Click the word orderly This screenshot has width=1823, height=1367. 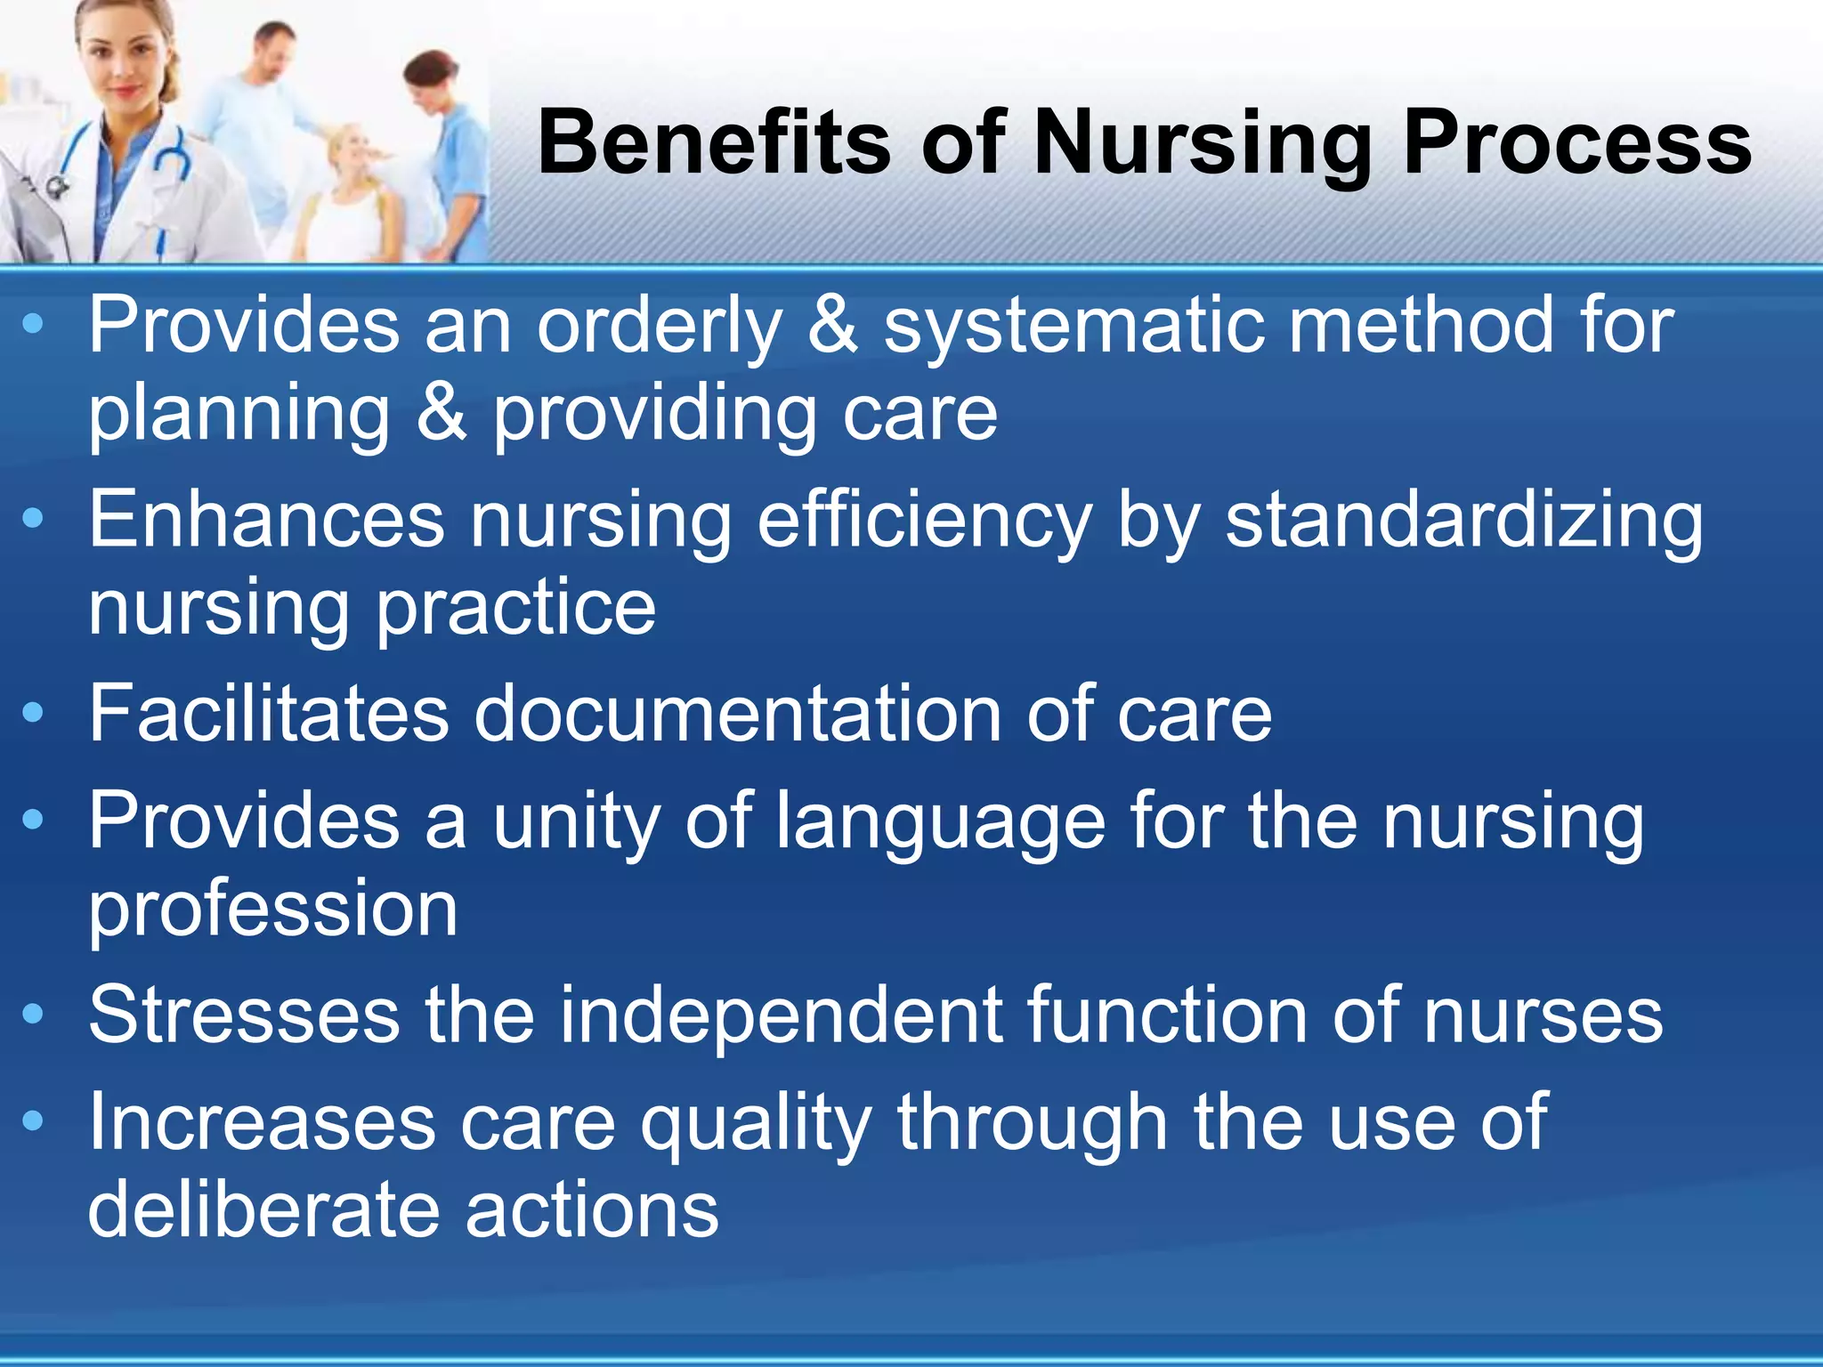pos(659,328)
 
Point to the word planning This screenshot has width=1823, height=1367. pos(239,417)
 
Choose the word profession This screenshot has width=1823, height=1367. pos(272,911)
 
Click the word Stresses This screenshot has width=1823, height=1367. pos(244,1016)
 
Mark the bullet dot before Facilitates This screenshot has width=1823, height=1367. pos(33,713)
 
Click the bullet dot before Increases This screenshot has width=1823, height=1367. pos(33,1121)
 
